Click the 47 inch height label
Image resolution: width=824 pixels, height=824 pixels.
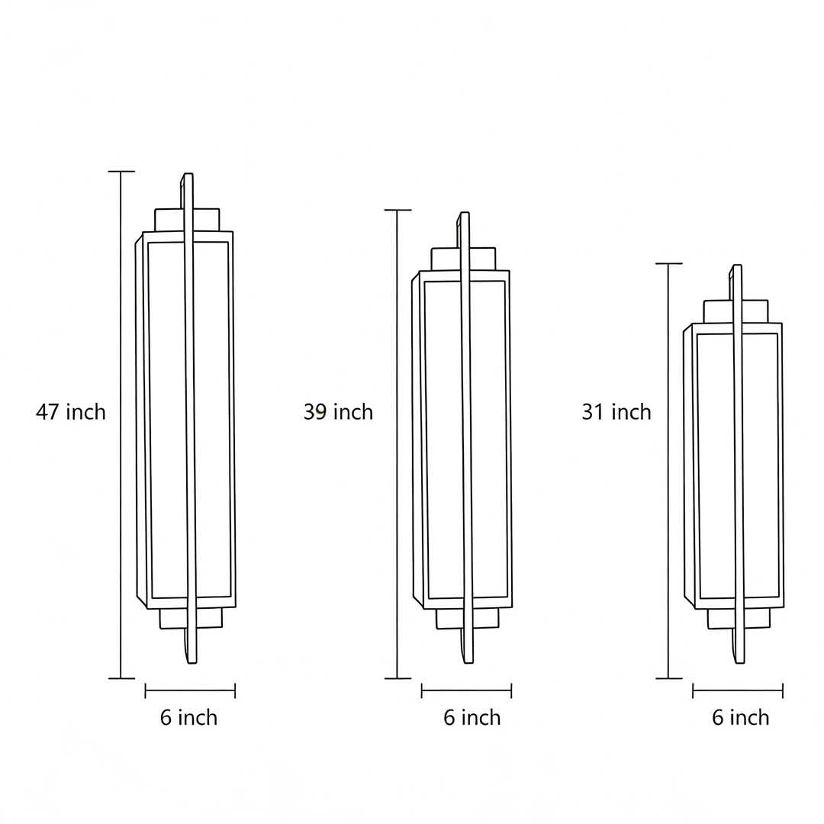pyautogui.click(x=71, y=412)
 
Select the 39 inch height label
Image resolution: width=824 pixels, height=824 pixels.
pyautogui.click(x=338, y=412)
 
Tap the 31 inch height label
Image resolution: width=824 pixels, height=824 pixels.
pyautogui.click(x=616, y=412)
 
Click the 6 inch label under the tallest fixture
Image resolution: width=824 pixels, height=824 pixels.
pyautogui.click(x=188, y=718)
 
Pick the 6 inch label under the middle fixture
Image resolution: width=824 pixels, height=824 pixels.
pyautogui.click(x=472, y=718)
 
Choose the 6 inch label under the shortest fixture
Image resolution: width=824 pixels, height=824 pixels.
pyautogui.click(x=740, y=718)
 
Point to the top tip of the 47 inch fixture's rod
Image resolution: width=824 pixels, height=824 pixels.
pyautogui.click(x=188, y=175)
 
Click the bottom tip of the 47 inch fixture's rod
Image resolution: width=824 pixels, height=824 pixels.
pyautogui.click(x=192, y=661)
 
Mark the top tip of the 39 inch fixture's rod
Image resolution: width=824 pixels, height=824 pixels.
pyautogui.click(x=465, y=214)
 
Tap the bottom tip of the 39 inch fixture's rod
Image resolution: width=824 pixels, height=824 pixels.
pyautogui.click(x=468, y=661)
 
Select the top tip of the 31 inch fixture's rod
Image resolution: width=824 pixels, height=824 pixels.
pyautogui.click(x=737, y=267)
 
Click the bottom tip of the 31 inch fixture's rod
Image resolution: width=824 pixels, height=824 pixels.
pyautogui.click(x=740, y=661)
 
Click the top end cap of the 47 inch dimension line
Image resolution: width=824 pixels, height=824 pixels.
pyautogui.click(x=121, y=172)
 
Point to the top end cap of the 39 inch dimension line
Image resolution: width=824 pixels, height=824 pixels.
pyautogui.click(x=398, y=210)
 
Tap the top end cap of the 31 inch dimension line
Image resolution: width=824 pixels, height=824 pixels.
pyautogui.click(x=668, y=264)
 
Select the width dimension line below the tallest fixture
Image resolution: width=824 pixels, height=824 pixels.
pyautogui.click(x=190, y=690)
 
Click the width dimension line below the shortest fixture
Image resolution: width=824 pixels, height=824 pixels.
pyautogui.click(x=738, y=690)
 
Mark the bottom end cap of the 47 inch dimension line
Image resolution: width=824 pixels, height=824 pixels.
pyautogui.click(x=121, y=678)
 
